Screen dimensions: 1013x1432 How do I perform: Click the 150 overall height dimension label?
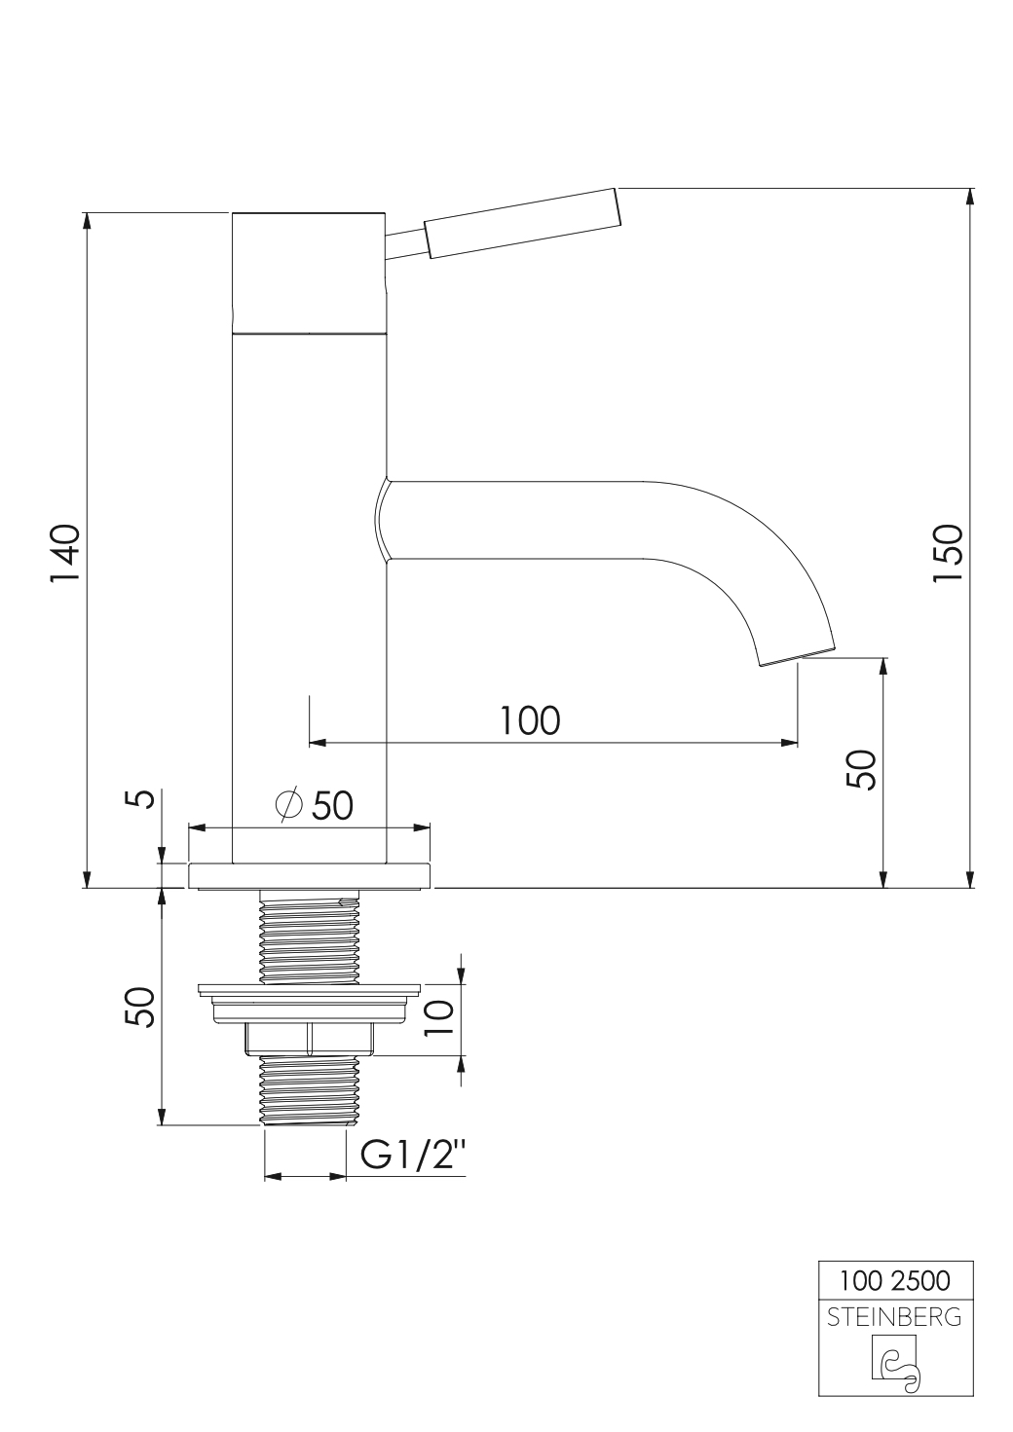947,553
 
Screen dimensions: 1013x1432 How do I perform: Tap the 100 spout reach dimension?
530,720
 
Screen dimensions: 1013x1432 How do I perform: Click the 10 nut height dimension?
441,1017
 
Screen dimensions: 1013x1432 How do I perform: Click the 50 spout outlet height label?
861,770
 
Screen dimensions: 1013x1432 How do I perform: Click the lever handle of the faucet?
522,223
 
